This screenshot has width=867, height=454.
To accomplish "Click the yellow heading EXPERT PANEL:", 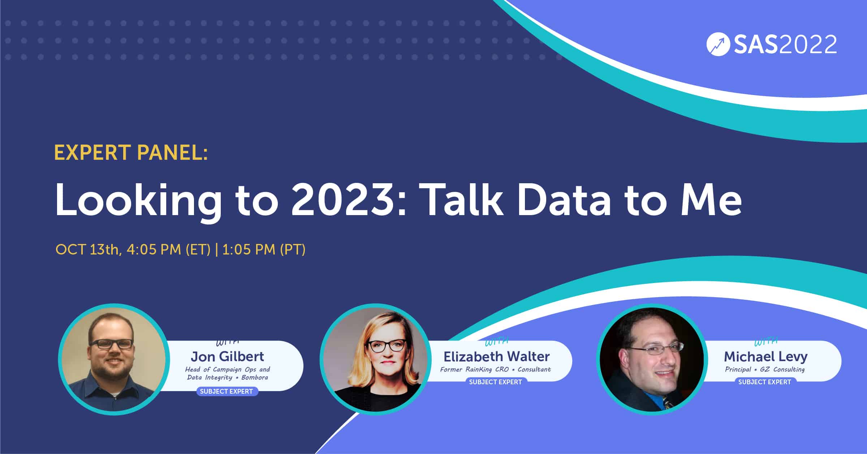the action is click(x=131, y=152).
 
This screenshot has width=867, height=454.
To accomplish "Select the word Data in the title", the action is click(x=564, y=200).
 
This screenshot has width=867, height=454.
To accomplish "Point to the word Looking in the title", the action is click(x=138, y=202).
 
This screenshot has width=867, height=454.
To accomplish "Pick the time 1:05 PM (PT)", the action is click(x=264, y=250).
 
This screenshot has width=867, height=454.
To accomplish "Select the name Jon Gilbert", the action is click(x=227, y=356).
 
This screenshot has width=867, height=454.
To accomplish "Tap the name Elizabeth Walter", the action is click(x=497, y=356).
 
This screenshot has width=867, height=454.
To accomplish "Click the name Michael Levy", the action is click(x=765, y=357).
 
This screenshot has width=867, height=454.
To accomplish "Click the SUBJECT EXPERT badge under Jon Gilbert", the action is click(x=227, y=391).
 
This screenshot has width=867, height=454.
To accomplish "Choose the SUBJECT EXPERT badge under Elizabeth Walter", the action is click(x=496, y=382).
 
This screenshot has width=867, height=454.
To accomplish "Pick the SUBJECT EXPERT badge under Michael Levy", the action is click(x=765, y=382).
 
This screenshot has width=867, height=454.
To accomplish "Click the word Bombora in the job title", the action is click(x=255, y=377).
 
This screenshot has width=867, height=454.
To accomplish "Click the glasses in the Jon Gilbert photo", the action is click(x=111, y=344).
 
